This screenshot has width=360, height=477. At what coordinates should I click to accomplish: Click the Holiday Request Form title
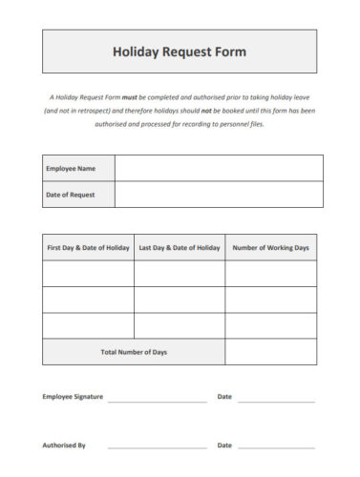click(x=180, y=52)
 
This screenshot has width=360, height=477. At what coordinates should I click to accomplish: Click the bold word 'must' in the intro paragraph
click(x=130, y=97)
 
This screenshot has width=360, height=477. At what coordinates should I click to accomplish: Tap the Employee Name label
click(x=71, y=169)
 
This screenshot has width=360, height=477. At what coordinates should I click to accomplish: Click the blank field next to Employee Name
click(x=218, y=169)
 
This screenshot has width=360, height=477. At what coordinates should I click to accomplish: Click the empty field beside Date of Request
click(x=218, y=195)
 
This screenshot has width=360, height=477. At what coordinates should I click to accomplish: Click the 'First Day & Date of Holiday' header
click(x=88, y=248)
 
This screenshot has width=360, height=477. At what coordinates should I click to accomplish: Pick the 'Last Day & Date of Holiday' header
click(x=180, y=248)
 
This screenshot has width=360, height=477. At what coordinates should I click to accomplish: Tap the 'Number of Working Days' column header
click(x=271, y=248)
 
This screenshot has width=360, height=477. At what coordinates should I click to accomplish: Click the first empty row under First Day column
click(x=88, y=274)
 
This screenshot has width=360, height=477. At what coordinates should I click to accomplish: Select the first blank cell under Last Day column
click(x=180, y=274)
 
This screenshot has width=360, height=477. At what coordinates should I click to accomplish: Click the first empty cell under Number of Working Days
click(x=271, y=274)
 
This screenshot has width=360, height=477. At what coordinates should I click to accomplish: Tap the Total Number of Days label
click(x=134, y=352)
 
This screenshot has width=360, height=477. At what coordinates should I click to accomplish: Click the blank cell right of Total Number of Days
click(x=271, y=352)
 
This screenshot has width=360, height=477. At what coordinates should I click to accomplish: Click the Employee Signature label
click(x=73, y=396)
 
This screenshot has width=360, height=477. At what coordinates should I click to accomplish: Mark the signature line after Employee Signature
click(x=157, y=400)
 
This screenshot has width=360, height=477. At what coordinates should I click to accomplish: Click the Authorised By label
click(x=64, y=445)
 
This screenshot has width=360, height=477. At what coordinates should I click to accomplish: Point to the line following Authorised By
click(x=157, y=447)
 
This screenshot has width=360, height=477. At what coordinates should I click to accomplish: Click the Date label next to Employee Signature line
click(x=224, y=396)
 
